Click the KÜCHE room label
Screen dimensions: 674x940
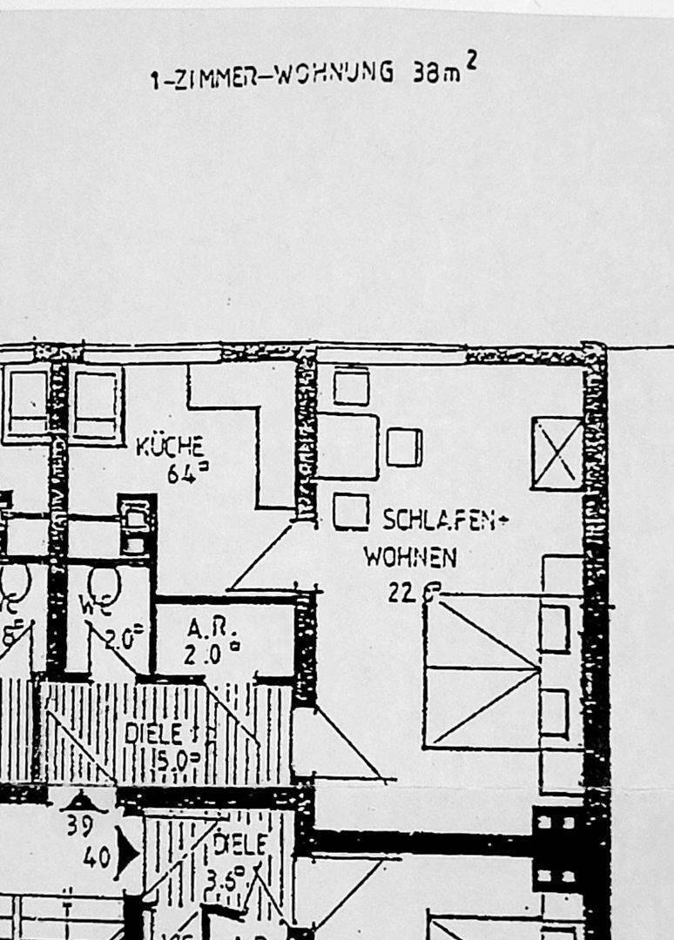(x=170, y=447)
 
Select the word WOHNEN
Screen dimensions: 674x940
(x=409, y=556)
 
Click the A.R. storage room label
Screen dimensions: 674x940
(x=206, y=628)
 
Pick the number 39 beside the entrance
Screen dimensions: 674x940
(x=79, y=824)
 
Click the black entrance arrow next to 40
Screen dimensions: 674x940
(x=125, y=854)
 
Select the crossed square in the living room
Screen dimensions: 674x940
(x=557, y=453)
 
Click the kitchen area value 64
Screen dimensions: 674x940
(x=181, y=474)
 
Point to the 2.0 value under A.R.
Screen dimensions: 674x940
(x=202, y=655)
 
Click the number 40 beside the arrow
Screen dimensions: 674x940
(x=97, y=857)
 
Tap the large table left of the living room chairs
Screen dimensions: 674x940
(x=347, y=446)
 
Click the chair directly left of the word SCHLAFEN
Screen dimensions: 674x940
(x=350, y=512)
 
